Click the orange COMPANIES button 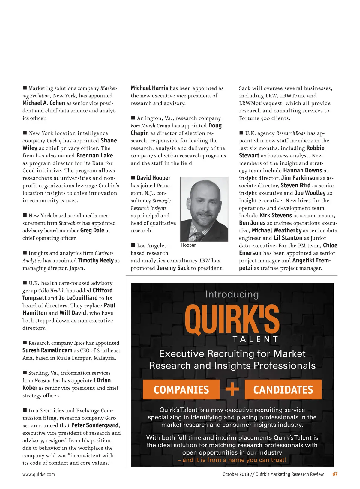pos(181,389)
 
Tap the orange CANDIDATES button pos(283,389)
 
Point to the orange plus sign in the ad pos(232,389)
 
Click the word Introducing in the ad pos(232,294)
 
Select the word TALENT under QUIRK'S pos(256,339)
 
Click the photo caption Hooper pos(188,245)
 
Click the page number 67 pos(335,474)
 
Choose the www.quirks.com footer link pos(39,474)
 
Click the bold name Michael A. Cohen pos(44,103)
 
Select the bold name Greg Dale pos(92,231)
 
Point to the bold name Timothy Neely pos(96,261)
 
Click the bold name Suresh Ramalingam pos(47,350)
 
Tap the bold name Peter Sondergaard pos(95,425)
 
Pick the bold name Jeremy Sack pos(173,268)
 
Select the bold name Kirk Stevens pos(275,216)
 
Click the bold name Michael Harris pos(149,88)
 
